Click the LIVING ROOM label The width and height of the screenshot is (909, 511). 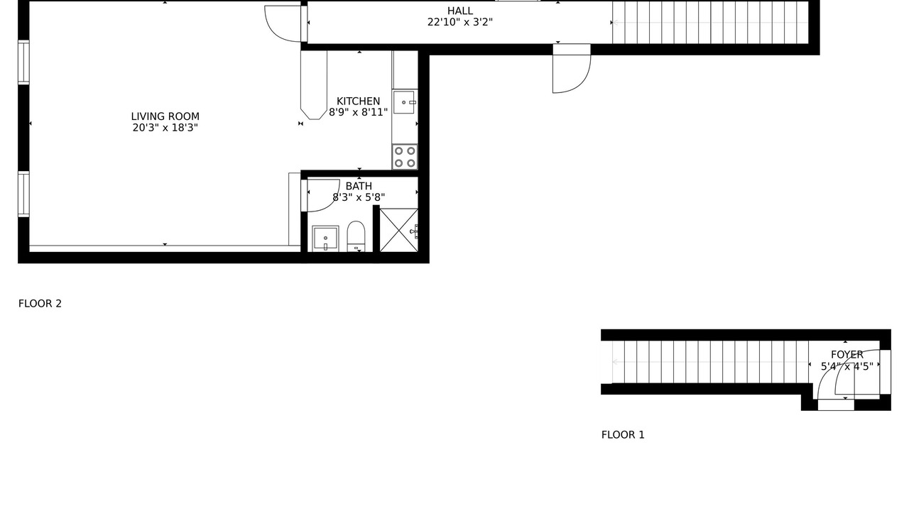coord(165,117)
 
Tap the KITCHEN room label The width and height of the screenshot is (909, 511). coord(359,101)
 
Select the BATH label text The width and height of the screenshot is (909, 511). coord(359,186)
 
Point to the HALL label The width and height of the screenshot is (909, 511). coord(459,11)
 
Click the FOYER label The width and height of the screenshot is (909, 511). coord(847,355)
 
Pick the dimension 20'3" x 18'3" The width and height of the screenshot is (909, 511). coord(165,128)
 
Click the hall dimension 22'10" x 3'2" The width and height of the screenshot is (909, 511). coord(459,22)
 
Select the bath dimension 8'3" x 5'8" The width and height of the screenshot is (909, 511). coord(359,197)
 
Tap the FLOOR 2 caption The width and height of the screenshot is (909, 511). coord(40,304)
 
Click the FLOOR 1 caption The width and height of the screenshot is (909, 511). coord(623,435)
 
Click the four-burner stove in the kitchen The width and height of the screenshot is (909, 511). coord(405,157)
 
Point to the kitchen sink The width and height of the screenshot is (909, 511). coord(404,102)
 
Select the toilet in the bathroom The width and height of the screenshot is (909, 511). coord(356,236)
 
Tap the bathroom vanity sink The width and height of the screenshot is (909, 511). coord(325,239)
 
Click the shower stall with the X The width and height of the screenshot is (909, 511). coord(399,231)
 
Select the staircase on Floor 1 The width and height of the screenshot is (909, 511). coord(710,362)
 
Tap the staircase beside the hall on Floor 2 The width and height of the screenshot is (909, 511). coord(710,22)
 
